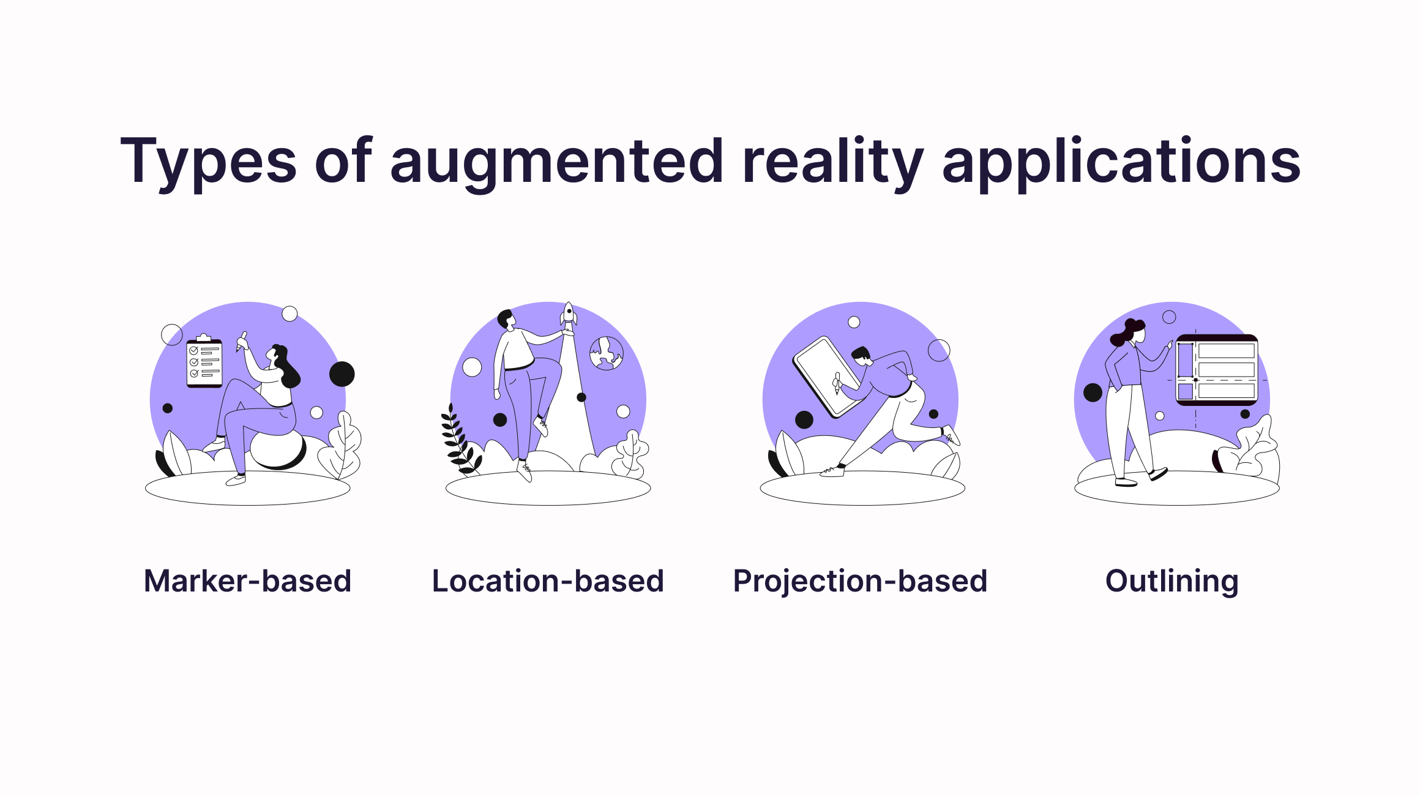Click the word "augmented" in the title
[556, 162]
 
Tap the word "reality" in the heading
[832, 162]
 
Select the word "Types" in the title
[208, 162]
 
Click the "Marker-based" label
[247, 581]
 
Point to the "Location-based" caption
[548, 581]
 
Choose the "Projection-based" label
[860, 581]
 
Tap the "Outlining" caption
[1171, 581]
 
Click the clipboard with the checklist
[204, 362]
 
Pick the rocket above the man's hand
[569, 315]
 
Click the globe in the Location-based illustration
[606, 353]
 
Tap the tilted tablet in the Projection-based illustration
[826, 376]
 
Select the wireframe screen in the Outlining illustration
[1217, 370]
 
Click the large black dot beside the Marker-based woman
[342, 374]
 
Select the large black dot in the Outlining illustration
[1093, 392]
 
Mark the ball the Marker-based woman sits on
[278, 450]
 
